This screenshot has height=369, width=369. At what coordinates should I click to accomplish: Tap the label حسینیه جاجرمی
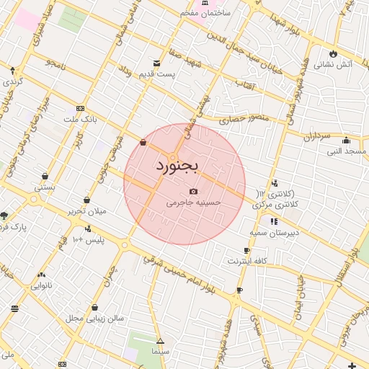[194, 203]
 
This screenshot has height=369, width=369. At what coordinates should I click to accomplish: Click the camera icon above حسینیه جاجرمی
[193, 191]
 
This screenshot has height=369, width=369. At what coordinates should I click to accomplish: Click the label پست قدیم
[158, 74]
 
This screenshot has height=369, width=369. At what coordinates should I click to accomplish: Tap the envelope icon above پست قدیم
[157, 63]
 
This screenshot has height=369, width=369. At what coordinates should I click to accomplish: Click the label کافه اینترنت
[248, 261]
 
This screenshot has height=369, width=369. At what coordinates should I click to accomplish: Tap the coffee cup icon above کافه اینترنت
[247, 250]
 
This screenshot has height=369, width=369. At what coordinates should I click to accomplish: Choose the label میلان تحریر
[87, 212]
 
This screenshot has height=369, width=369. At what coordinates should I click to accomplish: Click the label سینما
[160, 351]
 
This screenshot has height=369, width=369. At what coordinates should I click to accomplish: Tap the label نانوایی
[40, 285]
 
